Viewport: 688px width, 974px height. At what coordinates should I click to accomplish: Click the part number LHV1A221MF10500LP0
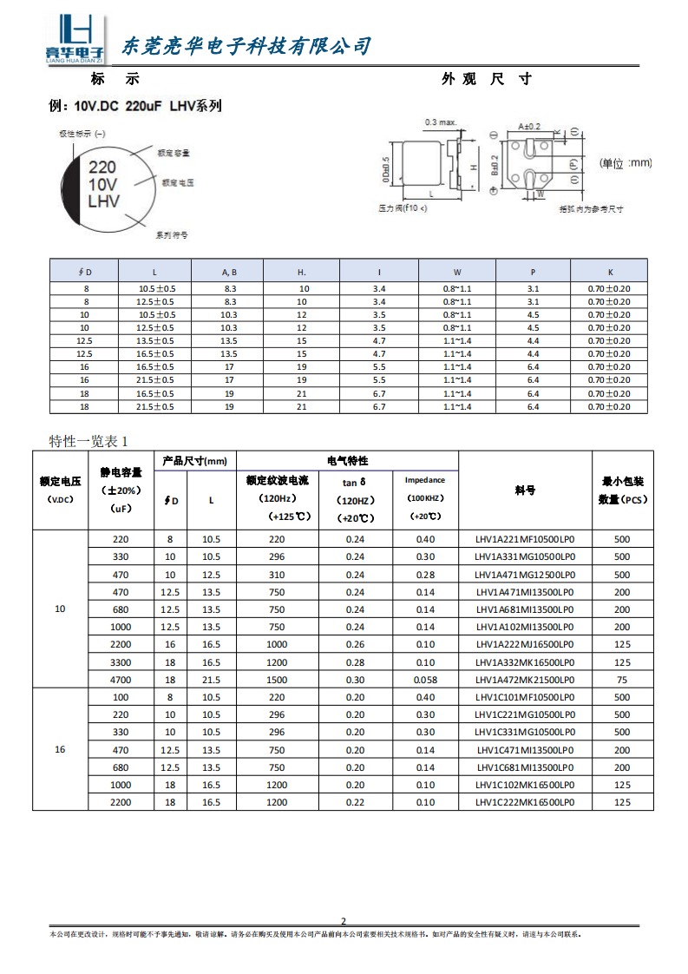525,539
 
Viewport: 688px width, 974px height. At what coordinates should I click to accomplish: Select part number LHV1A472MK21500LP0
525,680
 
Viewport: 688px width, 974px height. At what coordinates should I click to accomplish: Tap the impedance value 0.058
425,680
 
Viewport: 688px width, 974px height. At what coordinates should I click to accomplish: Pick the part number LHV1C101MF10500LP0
525,697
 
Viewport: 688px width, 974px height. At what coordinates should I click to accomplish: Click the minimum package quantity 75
622,680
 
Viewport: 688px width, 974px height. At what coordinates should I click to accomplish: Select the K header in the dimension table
610,272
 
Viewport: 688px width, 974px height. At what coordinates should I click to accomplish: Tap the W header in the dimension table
457,272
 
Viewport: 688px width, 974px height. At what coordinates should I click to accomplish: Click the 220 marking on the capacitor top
103,167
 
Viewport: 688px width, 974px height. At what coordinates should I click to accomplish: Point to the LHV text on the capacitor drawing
104,202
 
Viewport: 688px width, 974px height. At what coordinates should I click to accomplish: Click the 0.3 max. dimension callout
441,122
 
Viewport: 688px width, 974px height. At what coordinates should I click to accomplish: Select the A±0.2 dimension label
528,127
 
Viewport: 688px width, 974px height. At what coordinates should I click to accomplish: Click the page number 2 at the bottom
344,921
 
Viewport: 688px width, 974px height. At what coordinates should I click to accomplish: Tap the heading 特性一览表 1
89,441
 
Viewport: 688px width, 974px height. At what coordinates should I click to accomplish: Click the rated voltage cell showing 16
60,749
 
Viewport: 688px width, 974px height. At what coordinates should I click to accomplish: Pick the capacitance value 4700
121,680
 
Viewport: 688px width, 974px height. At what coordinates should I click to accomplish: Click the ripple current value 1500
277,680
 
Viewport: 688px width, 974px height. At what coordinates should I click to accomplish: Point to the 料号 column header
525,490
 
